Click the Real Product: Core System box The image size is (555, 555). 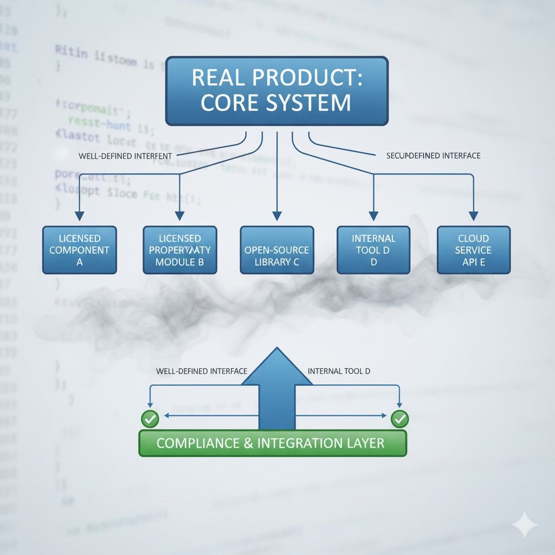(x=277, y=91)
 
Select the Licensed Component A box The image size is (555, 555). (x=79, y=250)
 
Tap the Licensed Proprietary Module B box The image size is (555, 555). (x=179, y=250)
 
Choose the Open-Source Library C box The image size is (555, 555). (x=276, y=250)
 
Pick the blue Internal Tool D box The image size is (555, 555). (x=373, y=250)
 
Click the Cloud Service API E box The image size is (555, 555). (x=473, y=250)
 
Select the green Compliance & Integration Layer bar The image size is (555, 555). (x=273, y=443)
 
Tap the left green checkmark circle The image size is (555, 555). (x=150, y=418)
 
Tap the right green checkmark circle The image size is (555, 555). (x=399, y=418)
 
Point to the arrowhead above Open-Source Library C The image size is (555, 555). (x=277, y=216)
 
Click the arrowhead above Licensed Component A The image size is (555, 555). (x=79, y=216)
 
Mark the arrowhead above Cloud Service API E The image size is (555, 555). (x=474, y=216)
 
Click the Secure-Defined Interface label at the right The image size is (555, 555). (x=434, y=156)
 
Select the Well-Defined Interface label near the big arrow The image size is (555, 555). (x=201, y=371)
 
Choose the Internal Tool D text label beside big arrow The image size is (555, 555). (x=339, y=371)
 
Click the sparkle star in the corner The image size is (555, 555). (x=524, y=525)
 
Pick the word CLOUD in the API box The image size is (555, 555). (x=473, y=238)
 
